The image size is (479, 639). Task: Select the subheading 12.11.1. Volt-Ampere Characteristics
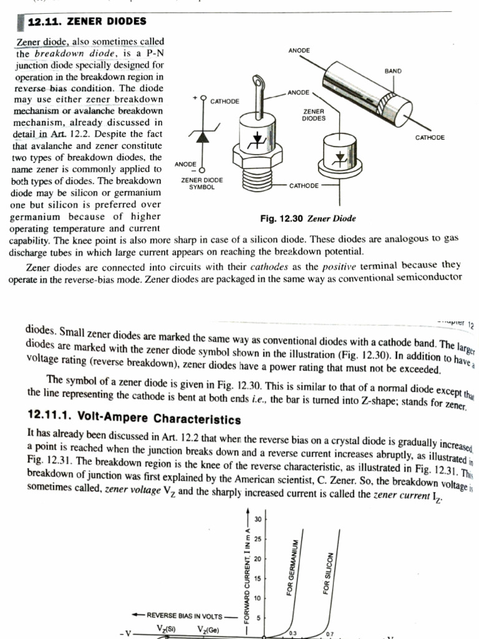coord(135,418)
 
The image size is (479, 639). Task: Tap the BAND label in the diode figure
coord(393,72)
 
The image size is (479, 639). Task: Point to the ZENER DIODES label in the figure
coord(314,114)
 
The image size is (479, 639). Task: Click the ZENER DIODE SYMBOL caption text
coord(201,183)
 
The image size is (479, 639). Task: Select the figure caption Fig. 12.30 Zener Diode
coord(307,218)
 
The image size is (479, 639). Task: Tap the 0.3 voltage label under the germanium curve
coord(293,633)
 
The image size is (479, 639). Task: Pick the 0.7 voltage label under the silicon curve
coord(330,634)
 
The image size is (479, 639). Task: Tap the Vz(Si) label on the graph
coord(166,628)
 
